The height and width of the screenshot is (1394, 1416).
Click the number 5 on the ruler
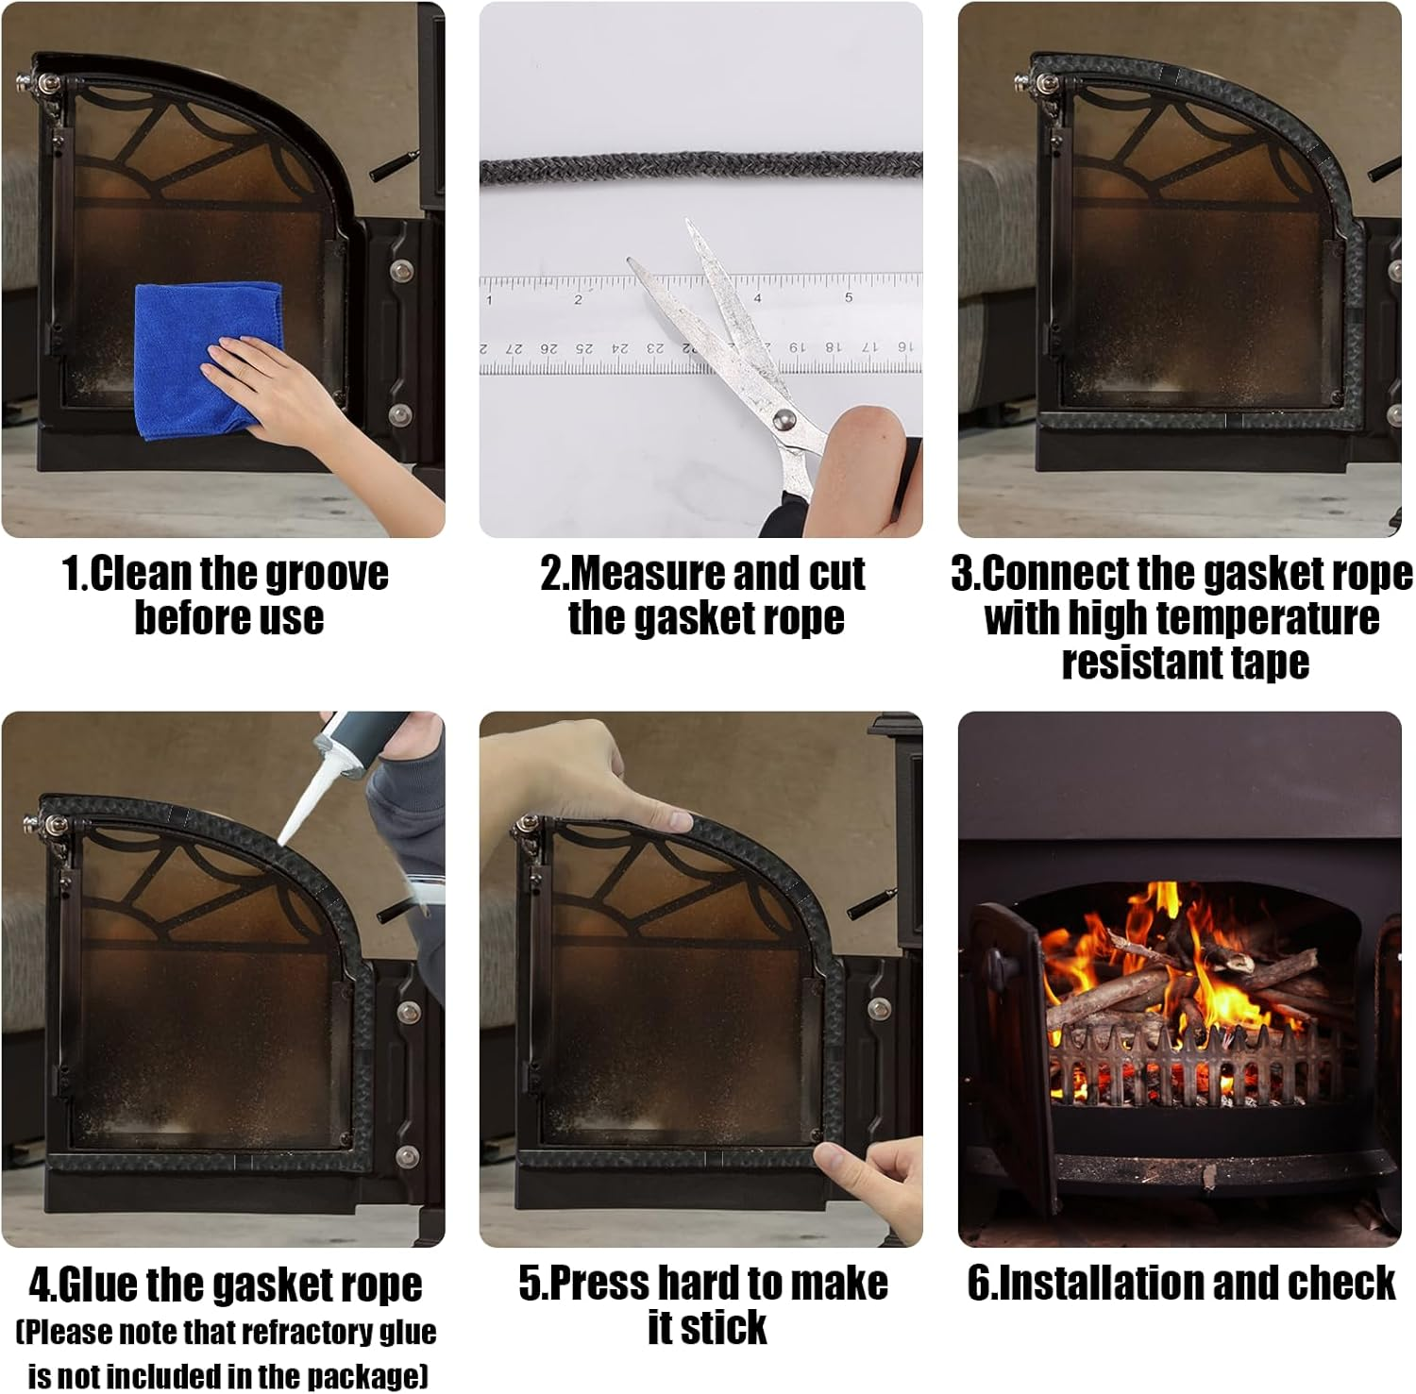848,298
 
